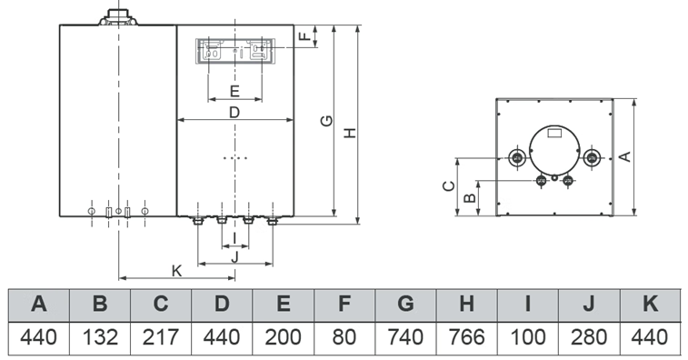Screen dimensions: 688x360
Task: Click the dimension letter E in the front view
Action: coord(234,91)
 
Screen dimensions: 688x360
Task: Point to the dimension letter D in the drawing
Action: coord(234,113)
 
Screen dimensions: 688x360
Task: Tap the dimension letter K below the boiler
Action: coord(176,270)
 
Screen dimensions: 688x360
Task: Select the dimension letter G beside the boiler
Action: coord(327,120)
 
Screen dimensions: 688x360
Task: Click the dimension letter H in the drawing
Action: coord(350,133)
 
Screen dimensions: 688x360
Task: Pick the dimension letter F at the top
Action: coord(305,35)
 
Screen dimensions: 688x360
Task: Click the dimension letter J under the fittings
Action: coord(234,257)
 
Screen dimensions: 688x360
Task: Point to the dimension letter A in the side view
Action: coord(624,156)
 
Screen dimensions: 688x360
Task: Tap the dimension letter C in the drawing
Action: coord(448,186)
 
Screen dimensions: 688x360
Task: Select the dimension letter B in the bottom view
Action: coord(470,198)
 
